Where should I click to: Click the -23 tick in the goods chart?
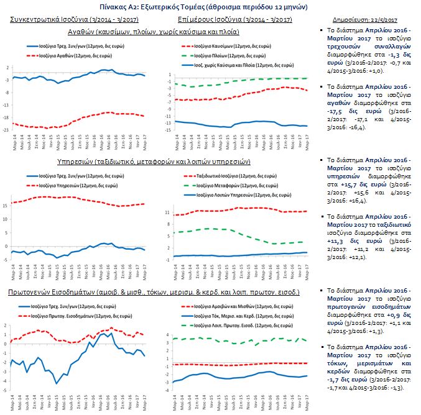coord(6,129)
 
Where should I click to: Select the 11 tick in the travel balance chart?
coord(167,212)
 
